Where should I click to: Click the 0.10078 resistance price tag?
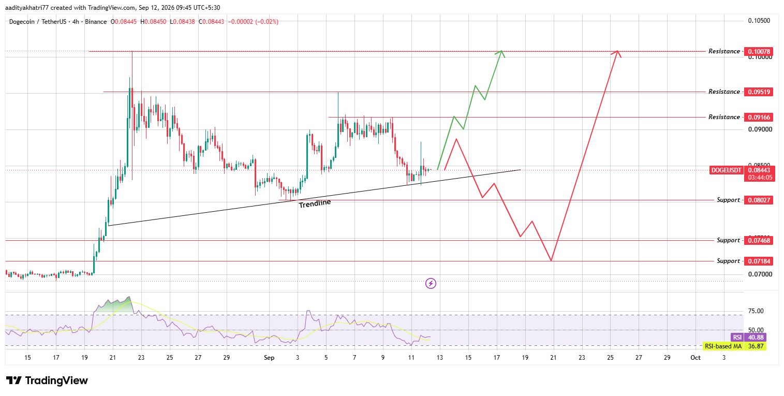[x=759, y=51]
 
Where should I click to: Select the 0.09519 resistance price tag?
[x=759, y=92]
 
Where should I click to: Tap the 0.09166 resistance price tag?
[x=759, y=118]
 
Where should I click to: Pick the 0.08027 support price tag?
[x=759, y=200]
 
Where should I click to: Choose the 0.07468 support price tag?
[x=759, y=241]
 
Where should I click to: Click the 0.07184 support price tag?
[x=759, y=261]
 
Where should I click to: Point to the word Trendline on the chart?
[x=315, y=203]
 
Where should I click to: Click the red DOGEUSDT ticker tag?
[x=726, y=170]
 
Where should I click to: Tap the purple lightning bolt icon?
[x=431, y=283]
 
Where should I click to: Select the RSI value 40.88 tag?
[x=756, y=338]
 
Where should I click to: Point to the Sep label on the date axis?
[x=269, y=358]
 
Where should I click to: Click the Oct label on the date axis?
[x=696, y=358]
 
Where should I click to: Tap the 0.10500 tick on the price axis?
[x=759, y=21]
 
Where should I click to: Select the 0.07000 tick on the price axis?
[x=760, y=274]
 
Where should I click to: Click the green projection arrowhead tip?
[x=502, y=51]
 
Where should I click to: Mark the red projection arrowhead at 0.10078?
[x=617, y=51]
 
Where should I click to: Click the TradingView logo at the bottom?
[x=47, y=380]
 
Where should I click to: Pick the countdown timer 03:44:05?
[x=760, y=178]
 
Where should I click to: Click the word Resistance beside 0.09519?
[x=724, y=92]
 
